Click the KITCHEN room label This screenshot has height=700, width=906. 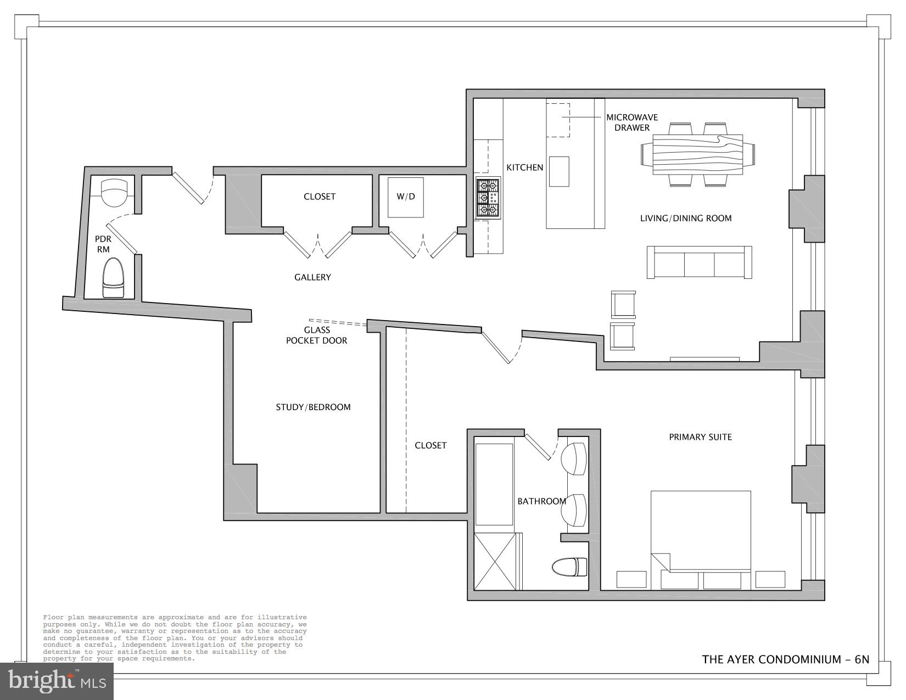pyautogui.click(x=524, y=167)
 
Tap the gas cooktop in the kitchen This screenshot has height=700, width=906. pyautogui.click(x=488, y=198)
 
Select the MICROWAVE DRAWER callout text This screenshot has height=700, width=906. pyautogui.click(x=631, y=122)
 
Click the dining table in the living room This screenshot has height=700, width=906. pyautogui.click(x=697, y=154)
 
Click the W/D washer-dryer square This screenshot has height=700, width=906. pyautogui.click(x=406, y=197)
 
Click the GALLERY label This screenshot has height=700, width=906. pyautogui.click(x=312, y=277)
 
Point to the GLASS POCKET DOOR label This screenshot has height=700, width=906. pyautogui.click(x=317, y=335)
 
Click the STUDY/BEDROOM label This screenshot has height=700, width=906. pyautogui.click(x=313, y=407)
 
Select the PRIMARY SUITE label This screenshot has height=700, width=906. pyautogui.click(x=700, y=437)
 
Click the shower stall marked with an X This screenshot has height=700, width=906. pyautogui.click(x=495, y=561)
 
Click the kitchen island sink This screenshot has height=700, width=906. pyautogui.click(x=559, y=171)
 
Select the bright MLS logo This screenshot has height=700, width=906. pyautogui.click(x=57, y=681)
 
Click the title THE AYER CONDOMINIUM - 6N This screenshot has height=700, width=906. pyautogui.click(x=785, y=659)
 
